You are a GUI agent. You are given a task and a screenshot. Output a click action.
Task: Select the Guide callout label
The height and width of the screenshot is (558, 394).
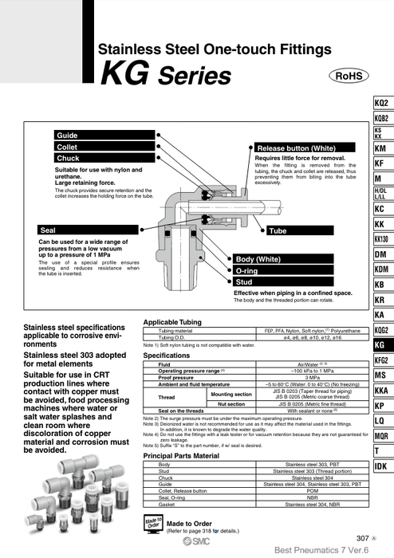(x=67, y=136)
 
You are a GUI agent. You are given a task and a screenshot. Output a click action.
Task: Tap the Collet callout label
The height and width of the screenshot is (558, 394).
(x=68, y=147)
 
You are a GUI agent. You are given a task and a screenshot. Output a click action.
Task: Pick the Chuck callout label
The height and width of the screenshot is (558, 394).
(x=69, y=159)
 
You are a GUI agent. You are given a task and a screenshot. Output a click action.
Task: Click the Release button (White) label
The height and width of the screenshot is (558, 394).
(x=296, y=148)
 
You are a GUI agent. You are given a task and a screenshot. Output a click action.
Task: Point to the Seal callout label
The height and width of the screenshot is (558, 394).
(x=48, y=230)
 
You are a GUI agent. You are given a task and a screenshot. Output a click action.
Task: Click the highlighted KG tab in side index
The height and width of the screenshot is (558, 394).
(x=380, y=345)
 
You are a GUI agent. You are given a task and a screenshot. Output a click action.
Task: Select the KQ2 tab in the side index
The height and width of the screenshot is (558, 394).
(x=380, y=104)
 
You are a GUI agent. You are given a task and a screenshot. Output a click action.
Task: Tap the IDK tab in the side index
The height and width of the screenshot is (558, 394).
(x=380, y=466)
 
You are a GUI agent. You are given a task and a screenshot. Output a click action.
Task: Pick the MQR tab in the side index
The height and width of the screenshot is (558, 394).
(x=380, y=436)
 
